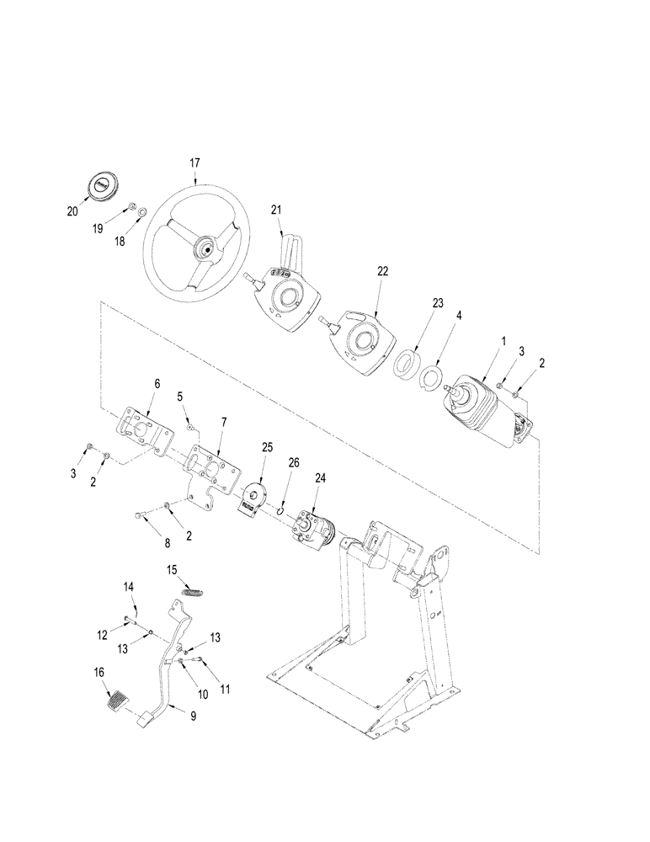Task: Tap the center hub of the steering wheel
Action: tap(203, 248)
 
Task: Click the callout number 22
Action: tap(383, 271)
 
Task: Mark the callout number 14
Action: tap(130, 586)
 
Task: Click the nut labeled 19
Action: tap(133, 208)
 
